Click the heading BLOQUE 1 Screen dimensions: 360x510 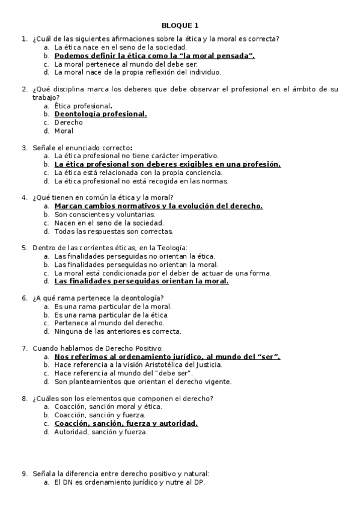tap(180, 25)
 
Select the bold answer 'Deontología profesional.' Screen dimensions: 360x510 tap(100, 114)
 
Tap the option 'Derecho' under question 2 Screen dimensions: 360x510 tap(69, 122)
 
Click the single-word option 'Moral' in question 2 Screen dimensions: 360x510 tap(64, 131)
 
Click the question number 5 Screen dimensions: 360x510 tap(24, 247)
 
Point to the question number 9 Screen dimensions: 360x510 tap(24, 473)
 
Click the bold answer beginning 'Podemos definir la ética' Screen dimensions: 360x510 tap(154, 55)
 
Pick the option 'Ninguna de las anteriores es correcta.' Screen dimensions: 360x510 tap(117, 331)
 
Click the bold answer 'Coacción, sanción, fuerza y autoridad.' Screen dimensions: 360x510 tap(126, 423)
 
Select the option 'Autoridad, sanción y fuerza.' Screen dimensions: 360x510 tap(100, 431)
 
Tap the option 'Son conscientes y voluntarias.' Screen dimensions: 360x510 tap(105, 214)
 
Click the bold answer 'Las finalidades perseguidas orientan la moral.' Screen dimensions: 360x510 tap(141, 281)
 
